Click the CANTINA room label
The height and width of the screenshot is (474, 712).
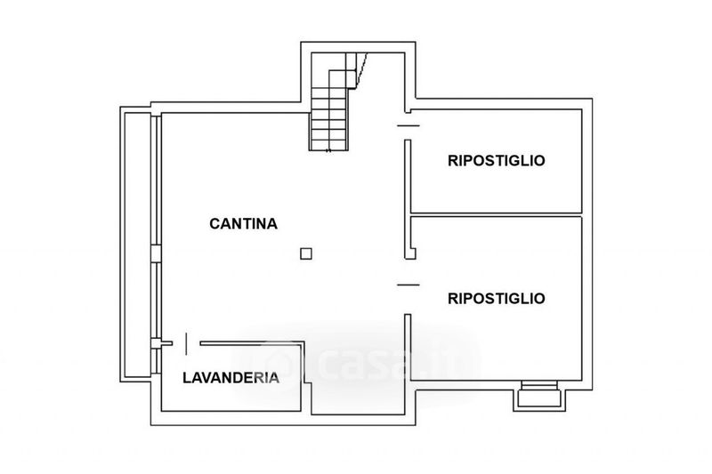pyautogui.click(x=243, y=223)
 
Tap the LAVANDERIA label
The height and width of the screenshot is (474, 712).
pyautogui.click(x=231, y=378)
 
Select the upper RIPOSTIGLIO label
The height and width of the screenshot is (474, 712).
pyautogui.click(x=497, y=161)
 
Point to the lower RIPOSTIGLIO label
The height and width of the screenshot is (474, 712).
pyautogui.click(x=497, y=299)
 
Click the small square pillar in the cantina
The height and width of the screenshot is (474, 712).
pyautogui.click(x=306, y=253)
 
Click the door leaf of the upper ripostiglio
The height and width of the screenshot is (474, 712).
pyautogui.click(x=409, y=125)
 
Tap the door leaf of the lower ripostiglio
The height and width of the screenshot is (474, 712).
pyautogui.click(x=409, y=285)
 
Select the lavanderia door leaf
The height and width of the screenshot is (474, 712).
pyautogui.click(x=186, y=344)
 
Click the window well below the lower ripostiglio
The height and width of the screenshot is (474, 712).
pyautogui.click(x=539, y=396)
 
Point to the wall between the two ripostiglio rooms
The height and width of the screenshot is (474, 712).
pyautogui.click(x=497, y=214)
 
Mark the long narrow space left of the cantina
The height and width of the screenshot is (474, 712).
pyautogui.click(x=137, y=245)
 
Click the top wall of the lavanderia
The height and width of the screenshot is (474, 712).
pyautogui.click(x=252, y=343)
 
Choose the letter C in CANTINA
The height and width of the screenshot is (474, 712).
pyautogui.click(x=214, y=223)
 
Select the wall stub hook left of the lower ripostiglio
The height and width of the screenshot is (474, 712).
pyautogui.click(x=411, y=254)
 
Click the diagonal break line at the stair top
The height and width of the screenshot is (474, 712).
pyautogui.click(x=361, y=69)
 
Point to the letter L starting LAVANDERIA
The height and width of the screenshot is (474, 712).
pyautogui.click(x=187, y=378)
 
